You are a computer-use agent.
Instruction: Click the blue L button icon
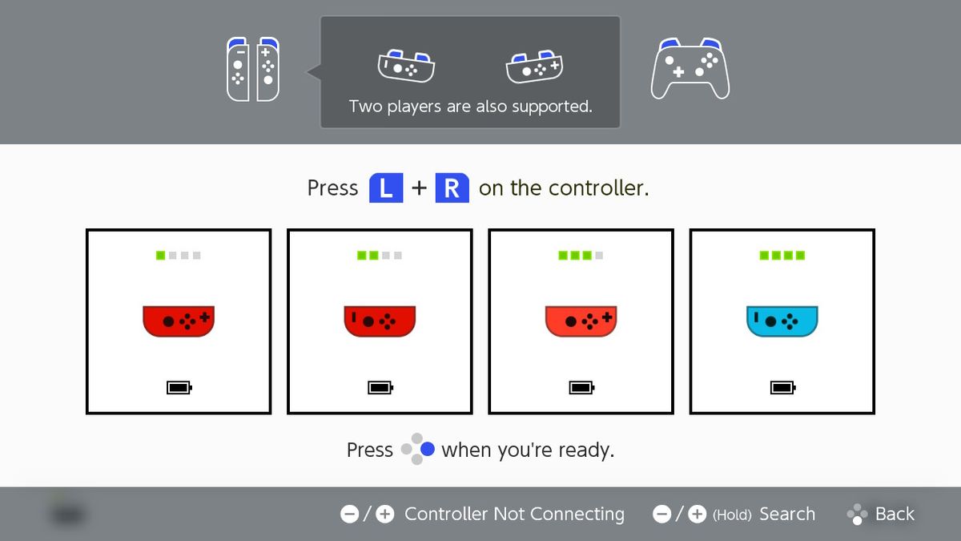385,188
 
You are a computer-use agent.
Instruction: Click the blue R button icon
452,188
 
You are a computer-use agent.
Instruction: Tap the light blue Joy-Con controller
782,321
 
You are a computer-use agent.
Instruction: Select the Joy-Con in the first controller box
179,321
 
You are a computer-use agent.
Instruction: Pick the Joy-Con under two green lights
380,321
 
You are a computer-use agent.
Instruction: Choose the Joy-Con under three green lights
581,321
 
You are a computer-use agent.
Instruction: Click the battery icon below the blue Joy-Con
782,388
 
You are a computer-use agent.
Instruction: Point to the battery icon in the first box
179,388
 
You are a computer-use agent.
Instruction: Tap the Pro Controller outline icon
690,69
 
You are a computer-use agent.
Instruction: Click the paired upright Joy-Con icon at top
253,69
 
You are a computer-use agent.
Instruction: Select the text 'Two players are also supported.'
470,106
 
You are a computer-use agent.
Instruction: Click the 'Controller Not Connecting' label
514,515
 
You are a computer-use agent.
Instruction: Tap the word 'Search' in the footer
786,515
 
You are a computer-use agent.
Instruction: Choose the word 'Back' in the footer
895,515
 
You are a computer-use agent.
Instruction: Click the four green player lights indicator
782,256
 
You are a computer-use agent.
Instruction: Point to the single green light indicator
161,256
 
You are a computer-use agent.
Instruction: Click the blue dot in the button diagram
428,450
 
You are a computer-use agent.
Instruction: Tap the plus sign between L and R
419,189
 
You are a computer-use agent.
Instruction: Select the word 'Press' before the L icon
332,188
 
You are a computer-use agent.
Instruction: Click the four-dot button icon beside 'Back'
857,515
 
